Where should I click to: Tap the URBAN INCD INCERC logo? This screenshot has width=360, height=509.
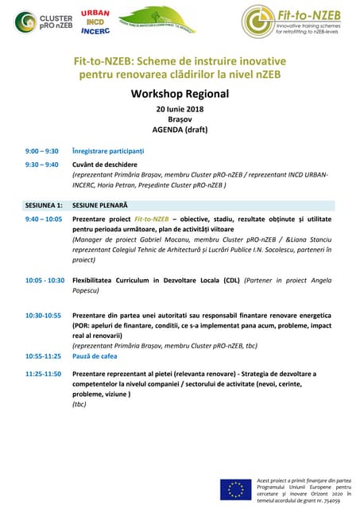point(95,21)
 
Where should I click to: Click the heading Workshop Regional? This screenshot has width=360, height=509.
point(179,94)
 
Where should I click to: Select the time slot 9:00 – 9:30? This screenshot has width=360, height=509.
point(41,150)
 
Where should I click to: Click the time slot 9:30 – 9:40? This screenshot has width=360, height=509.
point(41,165)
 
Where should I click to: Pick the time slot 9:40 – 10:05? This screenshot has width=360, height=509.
point(44,218)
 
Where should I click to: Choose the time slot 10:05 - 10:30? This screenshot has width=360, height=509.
point(45,280)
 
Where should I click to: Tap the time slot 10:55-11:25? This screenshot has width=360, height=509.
point(43,356)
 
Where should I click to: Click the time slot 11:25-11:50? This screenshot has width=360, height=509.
point(43,374)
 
